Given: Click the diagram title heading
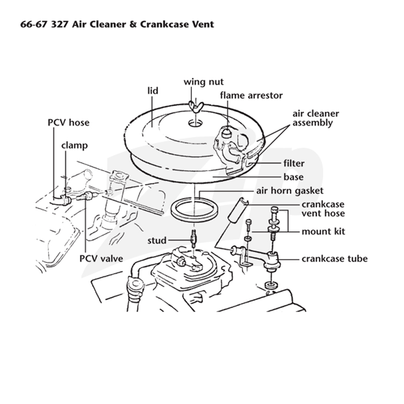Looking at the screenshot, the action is click(x=117, y=24).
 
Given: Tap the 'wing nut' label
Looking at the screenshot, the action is click(x=204, y=82).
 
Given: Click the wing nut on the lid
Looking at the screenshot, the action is click(x=196, y=106).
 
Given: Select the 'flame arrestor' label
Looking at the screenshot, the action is click(x=251, y=95).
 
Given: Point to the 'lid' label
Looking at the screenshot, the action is click(x=153, y=91).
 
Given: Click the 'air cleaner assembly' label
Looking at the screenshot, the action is click(x=316, y=118).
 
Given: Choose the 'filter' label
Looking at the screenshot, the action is click(x=294, y=163).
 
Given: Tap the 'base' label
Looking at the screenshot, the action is click(x=293, y=177).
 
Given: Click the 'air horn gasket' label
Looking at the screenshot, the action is click(x=289, y=191).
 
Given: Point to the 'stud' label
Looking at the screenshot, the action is click(x=157, y=241).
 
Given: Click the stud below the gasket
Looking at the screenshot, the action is click(x=194, y=238).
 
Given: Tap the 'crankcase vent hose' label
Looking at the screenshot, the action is click(x=323, y=209).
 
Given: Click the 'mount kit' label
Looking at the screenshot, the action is click(x=323, y=231).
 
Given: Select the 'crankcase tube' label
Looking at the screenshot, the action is click(x=334, y=259).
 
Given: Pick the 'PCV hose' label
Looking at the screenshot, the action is click(x=69, y=122).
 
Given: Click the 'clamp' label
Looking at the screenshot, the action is click(x=74, y=145).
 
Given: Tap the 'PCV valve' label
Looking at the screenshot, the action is click(x=101, y=259).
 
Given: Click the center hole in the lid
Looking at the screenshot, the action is click(x=196, y=123).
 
